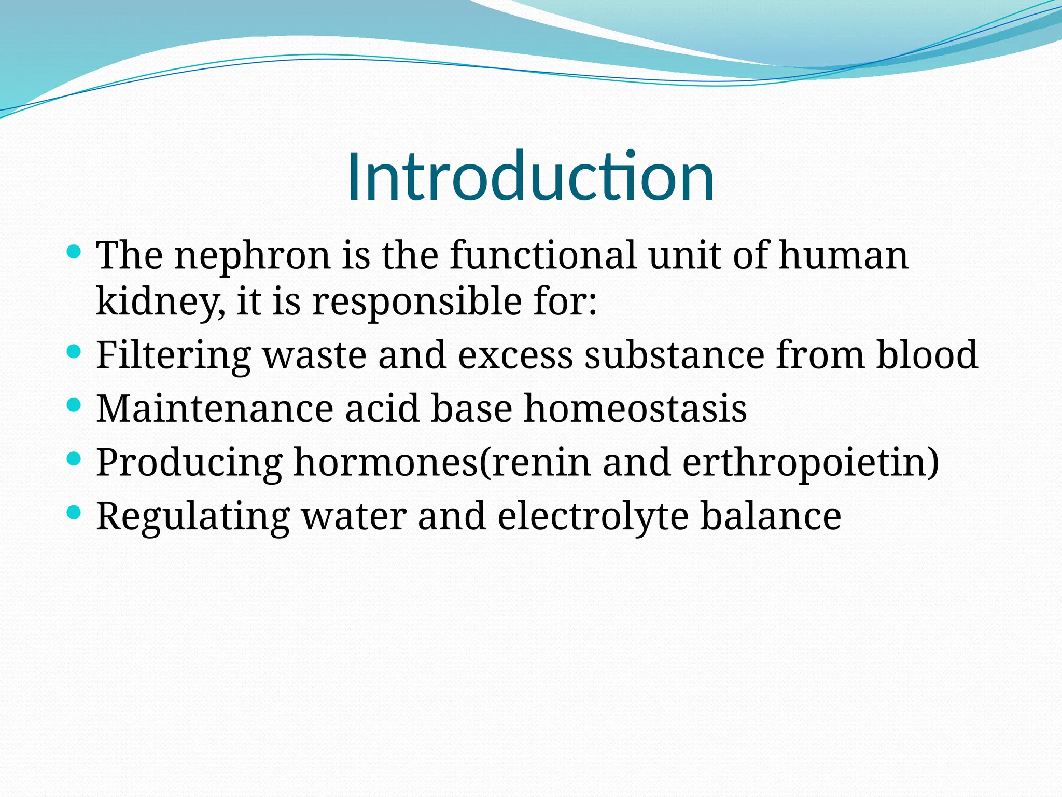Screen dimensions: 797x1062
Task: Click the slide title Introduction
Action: (530, 176)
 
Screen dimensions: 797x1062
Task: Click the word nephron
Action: (253, 256)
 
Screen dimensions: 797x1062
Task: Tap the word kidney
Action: (160, 301)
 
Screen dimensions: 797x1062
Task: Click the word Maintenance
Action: (215, 408)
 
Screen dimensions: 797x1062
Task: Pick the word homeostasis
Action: (635, 408)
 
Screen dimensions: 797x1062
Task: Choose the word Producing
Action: (189, 462)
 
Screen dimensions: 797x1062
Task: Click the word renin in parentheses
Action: (541, 462)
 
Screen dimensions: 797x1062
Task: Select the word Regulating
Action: (193, 517)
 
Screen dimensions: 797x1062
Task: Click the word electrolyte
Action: (593, 516)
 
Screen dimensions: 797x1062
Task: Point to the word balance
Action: (771, 516)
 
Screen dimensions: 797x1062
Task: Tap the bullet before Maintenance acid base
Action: (75, 405)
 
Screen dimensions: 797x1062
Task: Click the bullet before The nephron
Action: (75, 252)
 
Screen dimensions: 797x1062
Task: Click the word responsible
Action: (417, 301)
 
